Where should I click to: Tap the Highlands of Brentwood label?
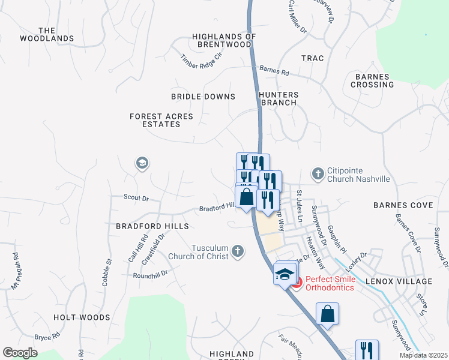coord(224,40)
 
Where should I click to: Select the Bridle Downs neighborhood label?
coord(203,97)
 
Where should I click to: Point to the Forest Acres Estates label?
coord(155,120)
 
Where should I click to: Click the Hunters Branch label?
coord(278,98)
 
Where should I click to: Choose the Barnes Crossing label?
coord(375,80)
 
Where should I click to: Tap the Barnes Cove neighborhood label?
coord(403,205)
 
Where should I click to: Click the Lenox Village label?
coord(406,281)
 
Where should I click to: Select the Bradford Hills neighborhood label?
coord(152,226)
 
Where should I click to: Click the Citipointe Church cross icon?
coord(318,174)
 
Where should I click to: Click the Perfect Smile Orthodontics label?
coord(330,283)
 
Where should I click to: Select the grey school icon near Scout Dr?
coord(142,163)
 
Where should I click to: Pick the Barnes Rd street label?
coord(274,71)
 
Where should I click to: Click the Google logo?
coord(20,353)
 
